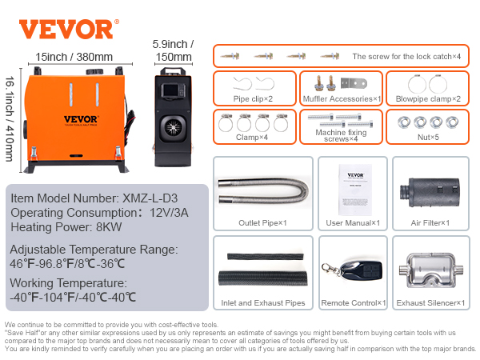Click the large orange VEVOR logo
coord(66,29)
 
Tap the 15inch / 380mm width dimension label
coord(74,57)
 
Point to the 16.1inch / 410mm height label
coord(10,118)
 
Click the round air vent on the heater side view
coord(173,127)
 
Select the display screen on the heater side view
coord(170,90)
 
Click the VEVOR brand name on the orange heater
coord(81,119)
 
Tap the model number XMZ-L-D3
coord(150,198)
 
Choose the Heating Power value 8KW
coord(109,227)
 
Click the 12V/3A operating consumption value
coord(169,213)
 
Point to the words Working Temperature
coord(68,283)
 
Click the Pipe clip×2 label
coord(253,99)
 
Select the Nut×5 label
coord(428,138)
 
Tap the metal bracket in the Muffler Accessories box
coord(354,83)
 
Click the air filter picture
coord(430,192)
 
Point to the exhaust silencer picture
coord(431,270)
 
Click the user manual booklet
coord(355,190)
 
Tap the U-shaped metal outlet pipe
coord(263,191)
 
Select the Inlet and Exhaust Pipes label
coord(263,303)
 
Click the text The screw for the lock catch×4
coord(406,57)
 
